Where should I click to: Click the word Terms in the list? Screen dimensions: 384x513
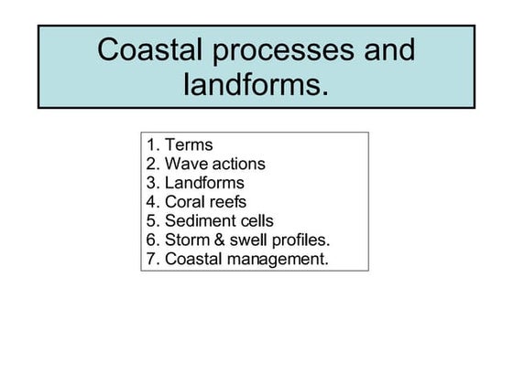(189, 145)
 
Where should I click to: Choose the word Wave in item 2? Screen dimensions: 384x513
(186, 165)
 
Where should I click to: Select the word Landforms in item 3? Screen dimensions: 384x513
(204, 183)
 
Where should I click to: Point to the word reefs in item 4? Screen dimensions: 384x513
(229, 202)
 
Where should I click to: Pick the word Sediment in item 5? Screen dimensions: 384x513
(200, 221)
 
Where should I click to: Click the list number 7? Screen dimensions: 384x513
(150, 260)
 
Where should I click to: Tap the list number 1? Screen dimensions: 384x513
(150, 145)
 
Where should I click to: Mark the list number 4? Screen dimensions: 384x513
(150, 202)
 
